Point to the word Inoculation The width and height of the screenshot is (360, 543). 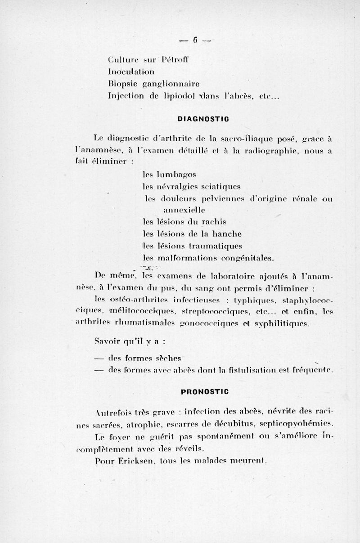pyautogui.click(x=131, y=71)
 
